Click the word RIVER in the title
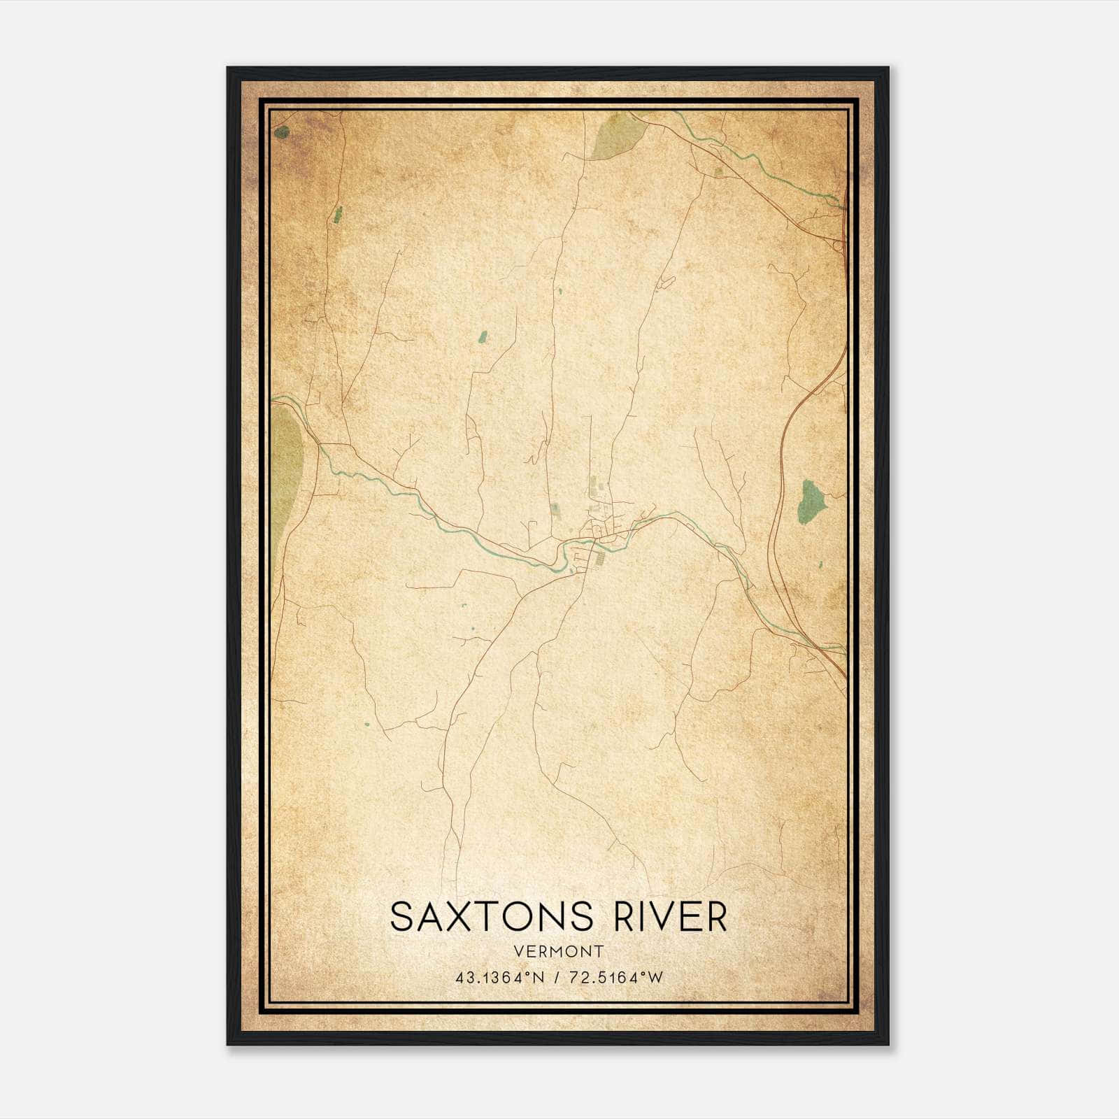(x=671, y=917)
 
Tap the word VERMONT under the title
(x=558, y=951)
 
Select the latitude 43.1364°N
(x=499, y=978)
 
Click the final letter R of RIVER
(x=715, y=917)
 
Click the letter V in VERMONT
(x=518, y=951)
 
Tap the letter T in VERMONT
(x=597, y=951)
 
